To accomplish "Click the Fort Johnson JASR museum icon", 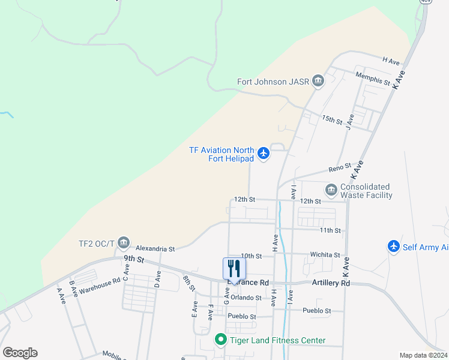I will click(x=318, y=82).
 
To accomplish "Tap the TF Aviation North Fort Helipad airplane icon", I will click(x=264, y=154).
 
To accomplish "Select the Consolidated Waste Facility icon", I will click(x=331, y=190).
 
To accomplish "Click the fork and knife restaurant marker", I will click(x=234, y=268).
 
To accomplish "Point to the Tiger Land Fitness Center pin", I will click(x=220, y=340).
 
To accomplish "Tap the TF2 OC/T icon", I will click(x=124, y=243).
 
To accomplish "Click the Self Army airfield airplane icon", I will click(x=394, y=247).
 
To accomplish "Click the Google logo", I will click(x=20, y=353).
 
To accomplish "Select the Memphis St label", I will click(x=373, y=76).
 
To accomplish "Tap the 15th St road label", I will click(x=331, y=119).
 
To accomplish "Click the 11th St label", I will click(x=330, y=230).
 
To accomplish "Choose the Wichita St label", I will click(x=325, y=255).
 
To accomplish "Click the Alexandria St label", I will click(x=155, y=248).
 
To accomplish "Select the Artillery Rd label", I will click(x=330, y=283).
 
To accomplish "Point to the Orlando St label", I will click(x=246, y=298).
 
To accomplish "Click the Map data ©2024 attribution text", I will click(x=423, y=355).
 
